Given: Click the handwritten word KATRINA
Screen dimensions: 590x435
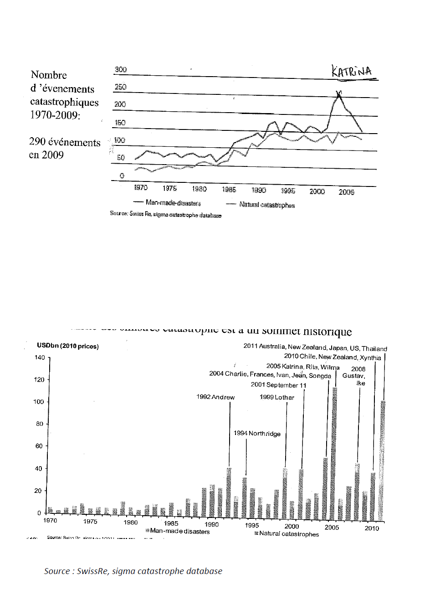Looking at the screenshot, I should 352,71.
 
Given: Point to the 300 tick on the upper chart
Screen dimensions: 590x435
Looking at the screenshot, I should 121,69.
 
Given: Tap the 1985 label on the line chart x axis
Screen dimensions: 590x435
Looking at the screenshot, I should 229,189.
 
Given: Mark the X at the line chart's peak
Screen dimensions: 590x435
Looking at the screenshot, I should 339,94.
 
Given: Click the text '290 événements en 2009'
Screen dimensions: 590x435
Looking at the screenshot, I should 64,148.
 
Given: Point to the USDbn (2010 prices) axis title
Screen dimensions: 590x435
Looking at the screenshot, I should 68,346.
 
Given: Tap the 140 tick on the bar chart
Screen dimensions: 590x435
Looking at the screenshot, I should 40,357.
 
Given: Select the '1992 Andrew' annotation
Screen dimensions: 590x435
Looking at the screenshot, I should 215,397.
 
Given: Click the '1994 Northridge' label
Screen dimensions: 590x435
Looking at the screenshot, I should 257,434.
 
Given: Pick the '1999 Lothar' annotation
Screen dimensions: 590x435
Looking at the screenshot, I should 277,397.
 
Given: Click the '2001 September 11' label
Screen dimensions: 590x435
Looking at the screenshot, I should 278,385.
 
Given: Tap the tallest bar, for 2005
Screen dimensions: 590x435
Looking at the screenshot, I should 335,454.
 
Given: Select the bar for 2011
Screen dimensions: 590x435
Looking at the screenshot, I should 383,461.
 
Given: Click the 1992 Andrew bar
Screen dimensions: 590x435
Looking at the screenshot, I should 229,492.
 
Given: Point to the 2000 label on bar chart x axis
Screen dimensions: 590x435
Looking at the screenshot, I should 292,526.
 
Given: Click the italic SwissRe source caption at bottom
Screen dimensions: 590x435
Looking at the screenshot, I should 133,571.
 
